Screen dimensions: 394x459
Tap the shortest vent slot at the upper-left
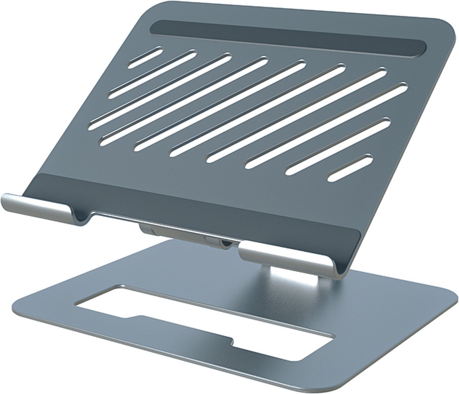point(145,57)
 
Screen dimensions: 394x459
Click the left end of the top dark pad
point(155,28)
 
